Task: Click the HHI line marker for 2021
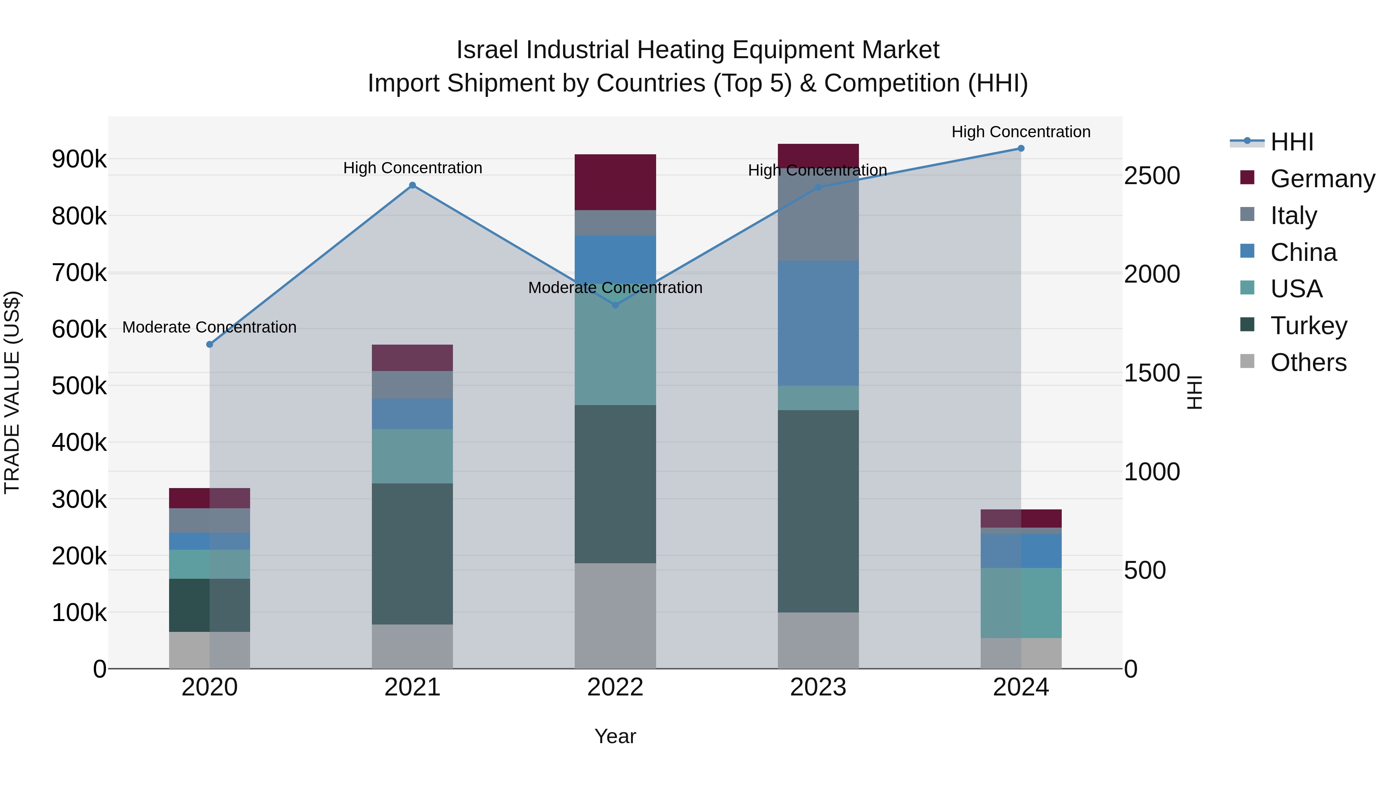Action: [413, 185]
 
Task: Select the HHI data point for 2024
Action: [1021, 148]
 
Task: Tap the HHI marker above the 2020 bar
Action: [210, 345]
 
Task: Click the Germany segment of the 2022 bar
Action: [615, 182]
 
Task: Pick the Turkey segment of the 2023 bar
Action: [818, 511]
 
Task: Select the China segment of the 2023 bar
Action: [818, 323]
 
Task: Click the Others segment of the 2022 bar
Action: [615, 616]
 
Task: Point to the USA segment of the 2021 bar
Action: [413, 456]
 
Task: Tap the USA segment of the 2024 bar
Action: [1021, 603]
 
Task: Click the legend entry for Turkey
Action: [1308, 326]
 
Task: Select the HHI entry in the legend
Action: [1291, 142]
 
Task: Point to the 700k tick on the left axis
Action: [79, 273]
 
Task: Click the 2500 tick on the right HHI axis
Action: [1152, 176]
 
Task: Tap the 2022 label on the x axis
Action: [615, 687]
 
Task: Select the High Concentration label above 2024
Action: [1021, 132]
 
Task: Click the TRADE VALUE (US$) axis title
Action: [12, 392]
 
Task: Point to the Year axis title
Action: [615, 736]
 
